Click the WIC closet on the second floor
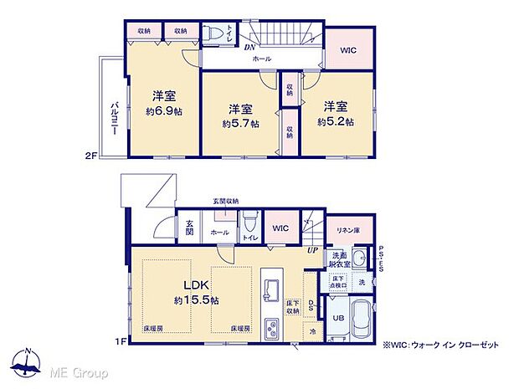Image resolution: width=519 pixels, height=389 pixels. point(347,50)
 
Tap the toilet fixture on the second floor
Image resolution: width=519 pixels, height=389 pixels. point(216,34)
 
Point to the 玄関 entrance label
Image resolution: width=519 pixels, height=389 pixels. point(189,227)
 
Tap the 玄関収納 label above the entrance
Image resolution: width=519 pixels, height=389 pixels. point(225,202)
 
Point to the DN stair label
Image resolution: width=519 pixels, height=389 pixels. point(249,47)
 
